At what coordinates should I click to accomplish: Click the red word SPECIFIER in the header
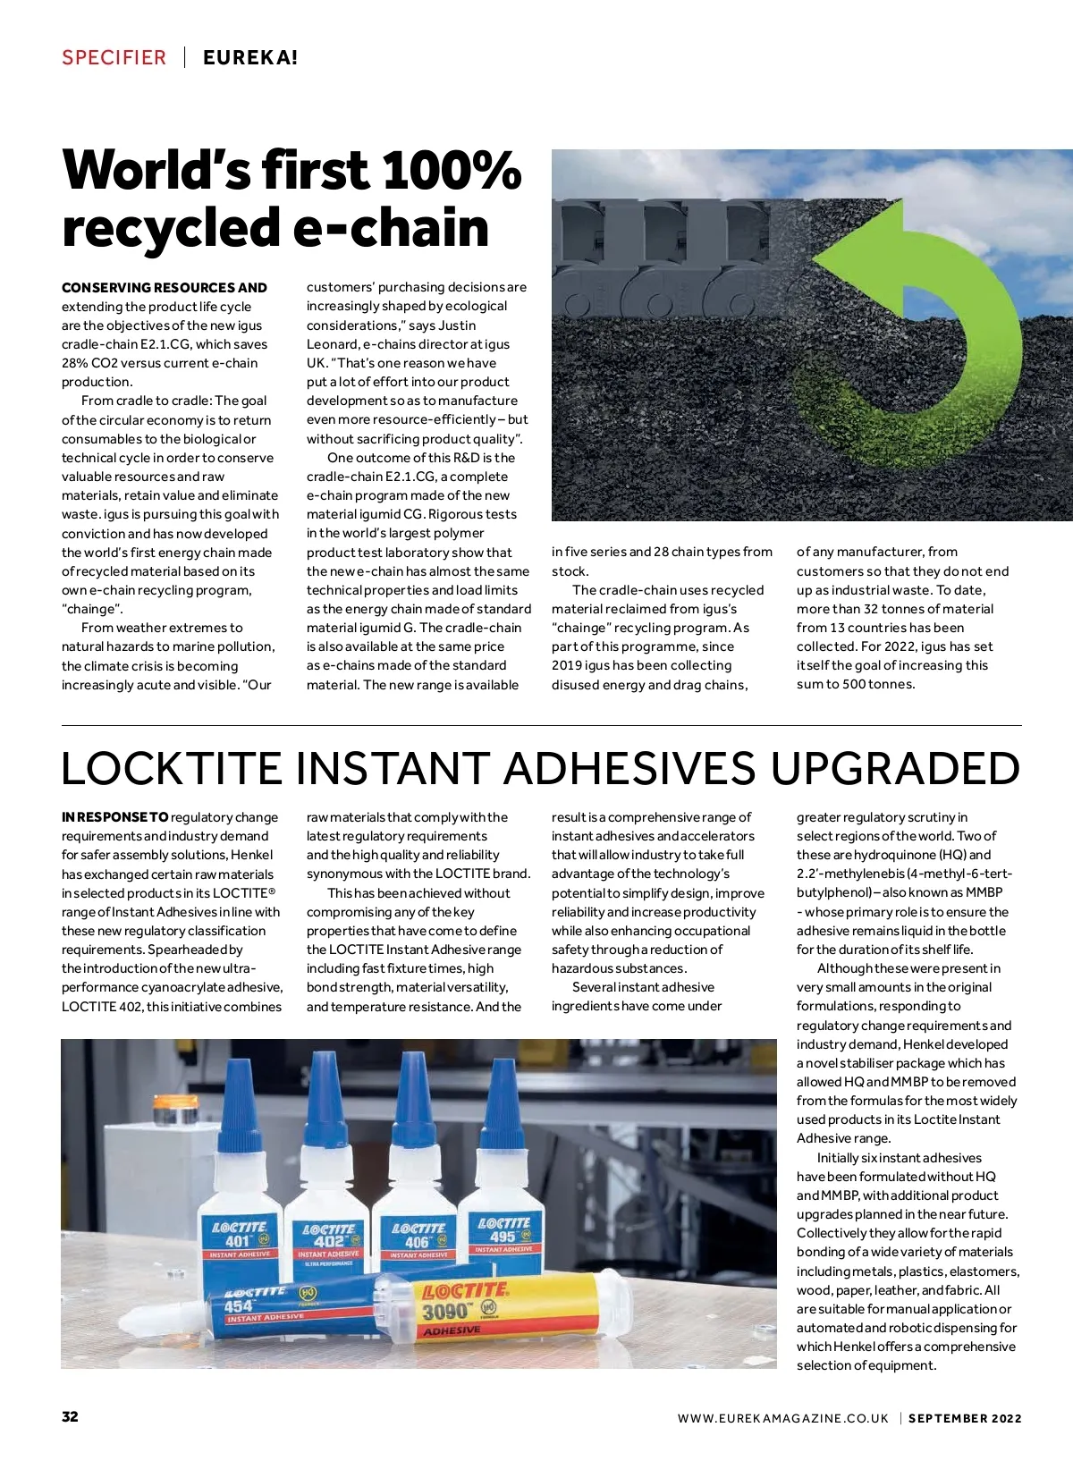click(x=114, y=58)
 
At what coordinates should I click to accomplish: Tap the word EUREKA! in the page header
click(x=250, y=58)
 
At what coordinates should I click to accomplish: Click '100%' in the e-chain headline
click(x=452, y=170)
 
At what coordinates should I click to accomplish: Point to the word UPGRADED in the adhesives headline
click(x=895, y=769)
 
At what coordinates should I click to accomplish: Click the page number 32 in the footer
click(x=70, y=1416)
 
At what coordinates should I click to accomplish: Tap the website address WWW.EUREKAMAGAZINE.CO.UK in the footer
click(x=783, y=1418)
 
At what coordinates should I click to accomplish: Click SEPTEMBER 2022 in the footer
click(x=965, y=1418)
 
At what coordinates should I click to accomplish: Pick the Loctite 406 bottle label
click(x=418, y=1240)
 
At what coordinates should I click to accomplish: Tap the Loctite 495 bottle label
click(x=503, y=1234)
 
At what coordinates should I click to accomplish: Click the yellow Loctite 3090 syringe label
click(x=465, y=1307)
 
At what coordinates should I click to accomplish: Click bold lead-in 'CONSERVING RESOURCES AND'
click(x=165, y=288)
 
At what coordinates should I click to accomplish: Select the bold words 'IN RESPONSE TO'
click(x=115, y=817)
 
